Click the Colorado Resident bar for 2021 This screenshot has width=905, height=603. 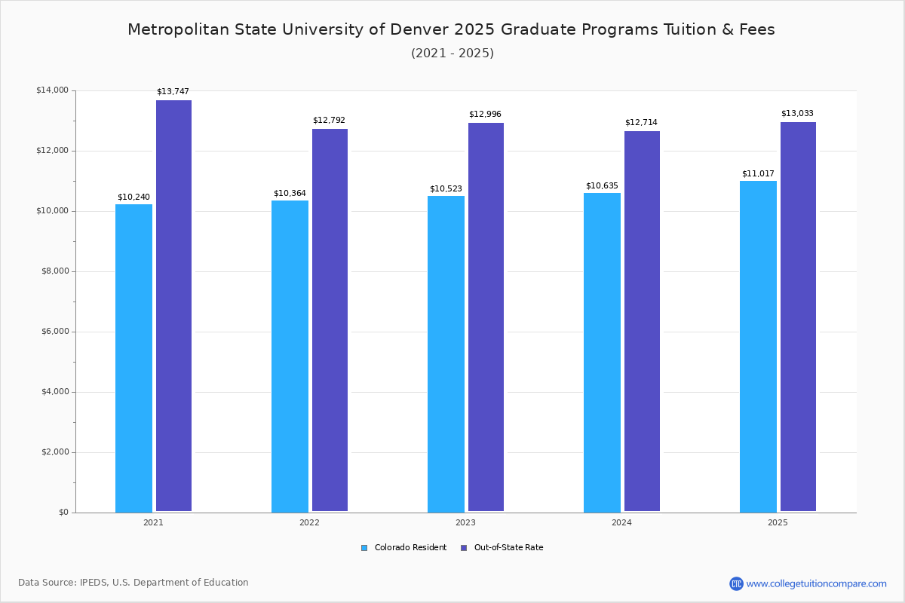coord(133,358)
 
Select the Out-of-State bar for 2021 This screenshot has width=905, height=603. coord(173,306)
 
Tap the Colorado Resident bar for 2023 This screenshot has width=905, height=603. coord(446,354)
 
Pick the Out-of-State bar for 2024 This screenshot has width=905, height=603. coord(642,321)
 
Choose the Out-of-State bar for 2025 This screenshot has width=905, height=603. coord(798,317)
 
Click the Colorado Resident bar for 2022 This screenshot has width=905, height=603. coord(290,357)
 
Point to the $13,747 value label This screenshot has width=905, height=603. coord(173,92)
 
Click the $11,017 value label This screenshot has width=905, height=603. coord(758,174)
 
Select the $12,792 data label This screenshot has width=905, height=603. coord(329,121)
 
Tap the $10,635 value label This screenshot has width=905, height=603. coord(602,186)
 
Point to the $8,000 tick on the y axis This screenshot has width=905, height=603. coord(53,271)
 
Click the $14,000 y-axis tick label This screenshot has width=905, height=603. coord(51,90)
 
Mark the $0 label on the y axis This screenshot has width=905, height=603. coord(63,513)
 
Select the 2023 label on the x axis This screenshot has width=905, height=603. coord(465,522)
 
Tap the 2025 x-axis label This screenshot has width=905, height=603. coord(778,522)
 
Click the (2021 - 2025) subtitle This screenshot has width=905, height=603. coord(452,54)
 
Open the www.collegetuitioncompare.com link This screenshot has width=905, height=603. coord(816,583)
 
